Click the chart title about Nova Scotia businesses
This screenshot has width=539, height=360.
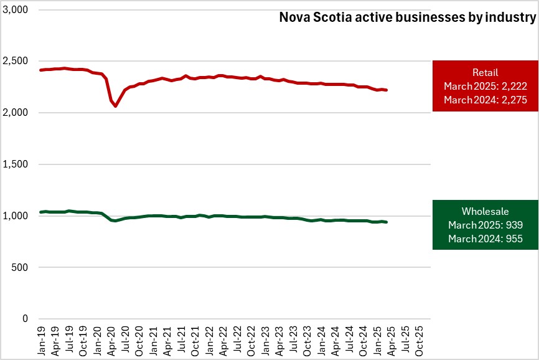[x=406, y=18]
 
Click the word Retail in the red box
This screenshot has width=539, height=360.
[x=485, y=73]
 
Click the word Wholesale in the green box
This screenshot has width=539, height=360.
[x=485, y=212]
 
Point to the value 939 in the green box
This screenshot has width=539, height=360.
[x=514, y=225]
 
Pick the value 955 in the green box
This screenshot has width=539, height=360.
[x=514, y=238]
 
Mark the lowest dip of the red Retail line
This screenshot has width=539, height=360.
[x=115, y=106]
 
